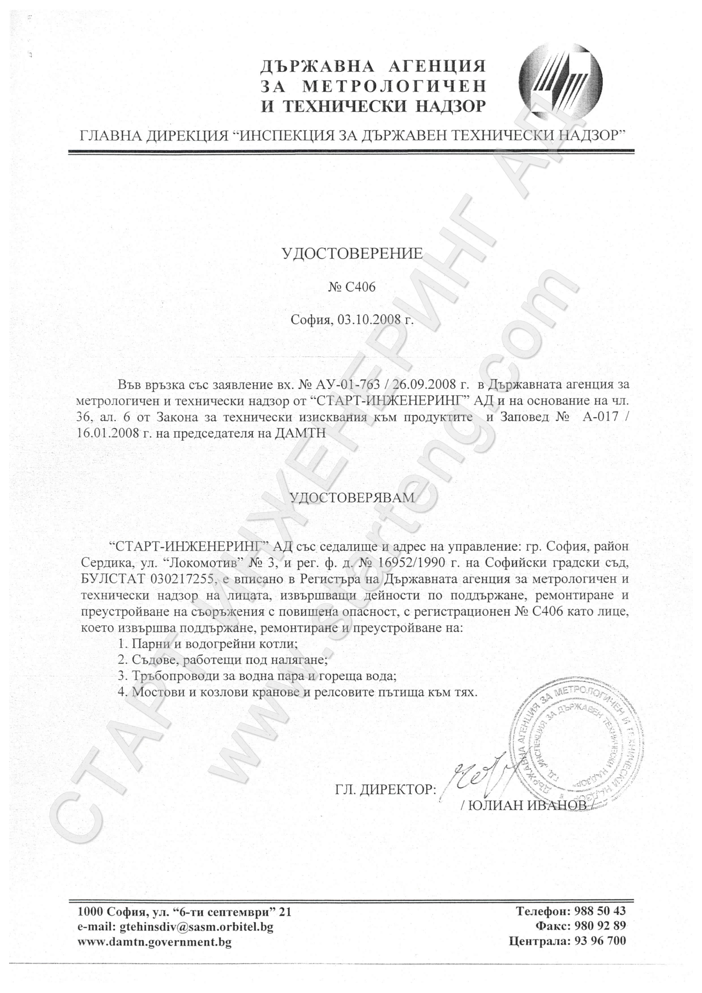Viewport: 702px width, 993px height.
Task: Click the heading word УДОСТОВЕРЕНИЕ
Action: click(x=352, y=254)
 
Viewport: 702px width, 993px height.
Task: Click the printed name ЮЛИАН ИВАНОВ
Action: click(x=527, y=805)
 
